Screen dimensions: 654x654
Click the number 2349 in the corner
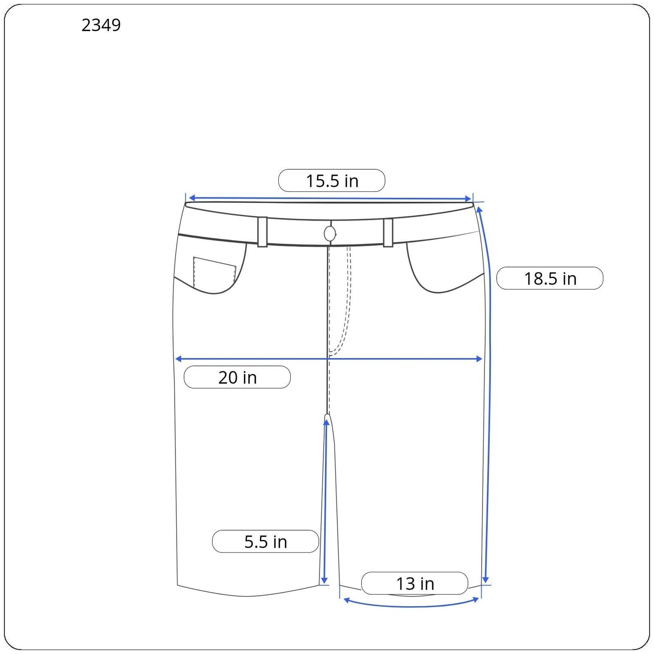[101, 25]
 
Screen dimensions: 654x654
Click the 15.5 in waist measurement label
[332, 181]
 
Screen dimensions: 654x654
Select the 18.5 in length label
[550, 278]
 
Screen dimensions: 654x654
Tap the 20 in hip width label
[237, 377]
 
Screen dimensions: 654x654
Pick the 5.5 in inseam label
[266, 542]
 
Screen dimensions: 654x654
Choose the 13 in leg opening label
[414, 583]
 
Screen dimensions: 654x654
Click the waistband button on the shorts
[330, 234]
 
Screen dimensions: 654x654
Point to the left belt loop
[262, 232]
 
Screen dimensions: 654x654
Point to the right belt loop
[388, 233]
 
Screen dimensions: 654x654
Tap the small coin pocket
[214, 272]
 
